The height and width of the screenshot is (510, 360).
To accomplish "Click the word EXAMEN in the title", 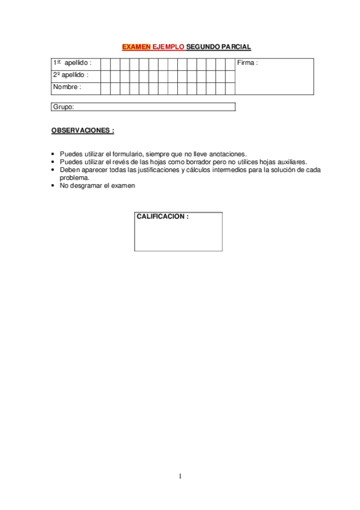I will (x=136, y=46).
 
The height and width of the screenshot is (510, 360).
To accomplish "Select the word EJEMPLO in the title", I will (x=169, y=46).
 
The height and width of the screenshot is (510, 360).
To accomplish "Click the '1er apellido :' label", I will (x=72, y=63).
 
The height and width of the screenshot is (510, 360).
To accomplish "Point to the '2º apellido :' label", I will (x=70, y=75).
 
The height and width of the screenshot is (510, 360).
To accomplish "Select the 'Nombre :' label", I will (x=67, y=87).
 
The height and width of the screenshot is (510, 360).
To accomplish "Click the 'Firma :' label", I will (x=248, y=63).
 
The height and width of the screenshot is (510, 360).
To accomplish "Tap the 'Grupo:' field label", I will (x=63, y=107).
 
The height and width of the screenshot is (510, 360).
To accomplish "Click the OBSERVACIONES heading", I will (x=82, y=130).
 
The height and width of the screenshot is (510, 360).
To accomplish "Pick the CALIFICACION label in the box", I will (x=162, y=217).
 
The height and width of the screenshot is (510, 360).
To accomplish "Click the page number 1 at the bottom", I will (x=180, y=476).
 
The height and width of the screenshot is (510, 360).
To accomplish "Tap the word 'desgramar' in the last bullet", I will (x=84, y=186).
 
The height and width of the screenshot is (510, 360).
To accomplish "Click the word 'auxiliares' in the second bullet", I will (x=293, y=162).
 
